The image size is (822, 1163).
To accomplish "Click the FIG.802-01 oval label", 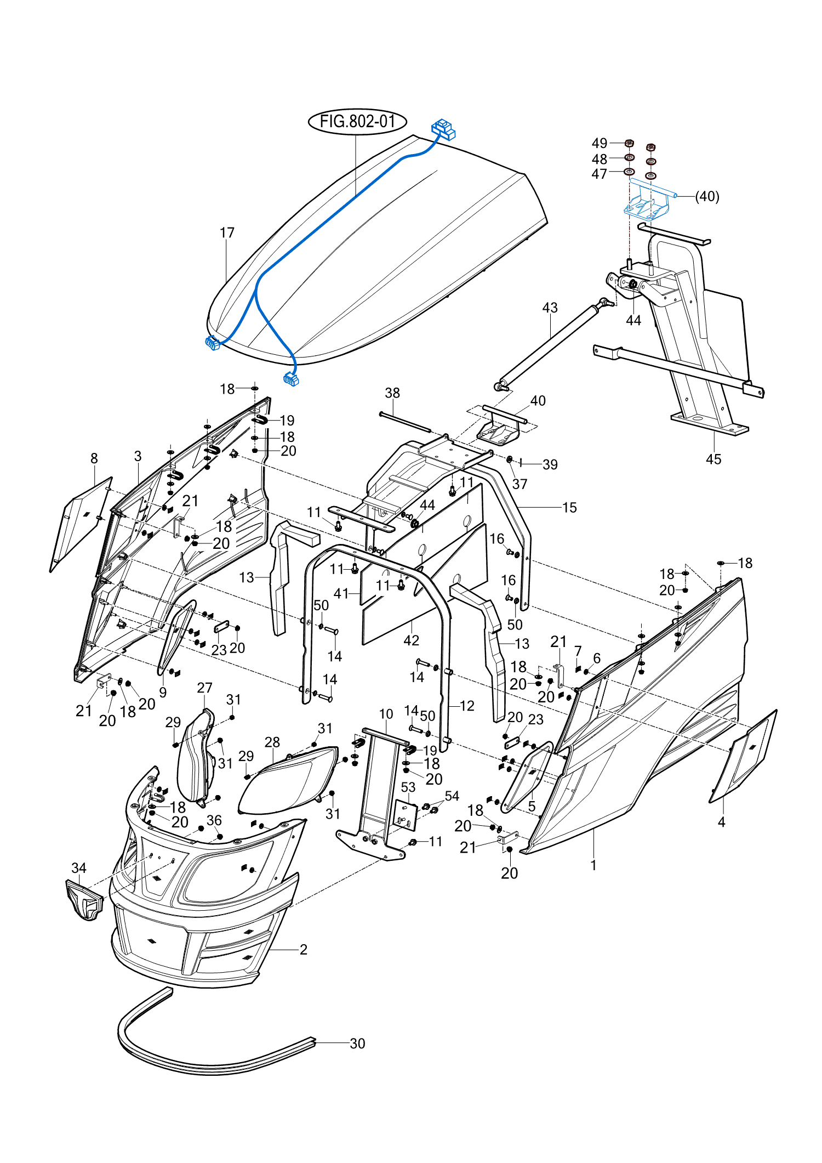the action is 357,121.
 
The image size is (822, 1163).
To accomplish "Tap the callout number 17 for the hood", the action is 227,233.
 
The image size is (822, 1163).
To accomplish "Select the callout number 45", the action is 713,459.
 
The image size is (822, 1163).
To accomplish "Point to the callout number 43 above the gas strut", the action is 550,308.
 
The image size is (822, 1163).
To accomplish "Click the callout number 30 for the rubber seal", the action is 357,1043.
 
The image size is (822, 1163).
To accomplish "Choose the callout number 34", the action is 79,868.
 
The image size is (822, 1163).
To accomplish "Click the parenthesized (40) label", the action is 707,196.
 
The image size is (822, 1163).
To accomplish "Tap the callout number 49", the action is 600,143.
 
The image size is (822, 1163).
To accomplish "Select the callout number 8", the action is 94,458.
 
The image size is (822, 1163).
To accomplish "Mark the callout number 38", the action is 392,393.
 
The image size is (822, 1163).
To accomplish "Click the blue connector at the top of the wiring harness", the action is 443,129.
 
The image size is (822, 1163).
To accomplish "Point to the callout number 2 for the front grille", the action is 303,950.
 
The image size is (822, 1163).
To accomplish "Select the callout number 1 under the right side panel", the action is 593,865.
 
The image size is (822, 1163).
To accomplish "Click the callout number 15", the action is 569,508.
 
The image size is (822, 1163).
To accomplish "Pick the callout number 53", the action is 408,787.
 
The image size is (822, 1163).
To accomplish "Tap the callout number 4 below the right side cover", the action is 721,822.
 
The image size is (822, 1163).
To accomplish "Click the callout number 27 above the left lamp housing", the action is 204,688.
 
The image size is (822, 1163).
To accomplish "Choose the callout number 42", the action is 411,640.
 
